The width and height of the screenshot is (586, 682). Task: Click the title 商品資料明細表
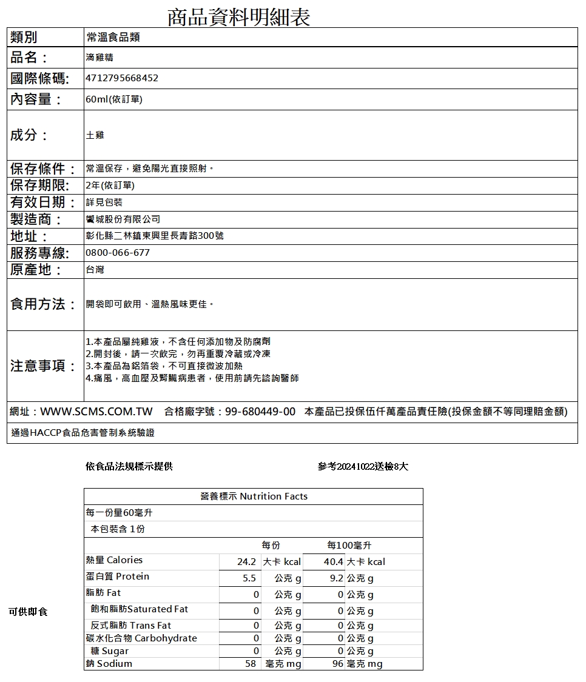[x=238, y=17]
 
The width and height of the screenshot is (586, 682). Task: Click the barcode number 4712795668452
[x=122, y=78]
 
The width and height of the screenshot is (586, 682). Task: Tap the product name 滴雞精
[x=99, y=58]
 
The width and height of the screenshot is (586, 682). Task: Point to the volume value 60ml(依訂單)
[x=114, y=99]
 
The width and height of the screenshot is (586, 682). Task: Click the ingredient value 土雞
[x=95, y=135]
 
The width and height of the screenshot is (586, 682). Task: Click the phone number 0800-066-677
[x=118, y=252]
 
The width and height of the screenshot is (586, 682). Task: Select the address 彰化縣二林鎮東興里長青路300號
[x=155, y=235]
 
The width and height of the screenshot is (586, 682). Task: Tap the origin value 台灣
[x=95, y=269]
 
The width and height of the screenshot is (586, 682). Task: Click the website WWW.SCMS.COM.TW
[x=96, y=412]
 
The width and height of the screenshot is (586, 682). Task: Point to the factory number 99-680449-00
[x=260, y=412]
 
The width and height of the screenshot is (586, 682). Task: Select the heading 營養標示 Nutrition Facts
[x=254, y=496]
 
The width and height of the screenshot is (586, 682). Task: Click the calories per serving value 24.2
[x=249, y=562]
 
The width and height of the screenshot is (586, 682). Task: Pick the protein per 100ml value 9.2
[x=337, y=578]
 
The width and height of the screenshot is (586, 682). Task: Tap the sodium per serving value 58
[x=251, y=664]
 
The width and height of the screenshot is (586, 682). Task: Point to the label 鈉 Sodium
[x=109, y=664]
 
